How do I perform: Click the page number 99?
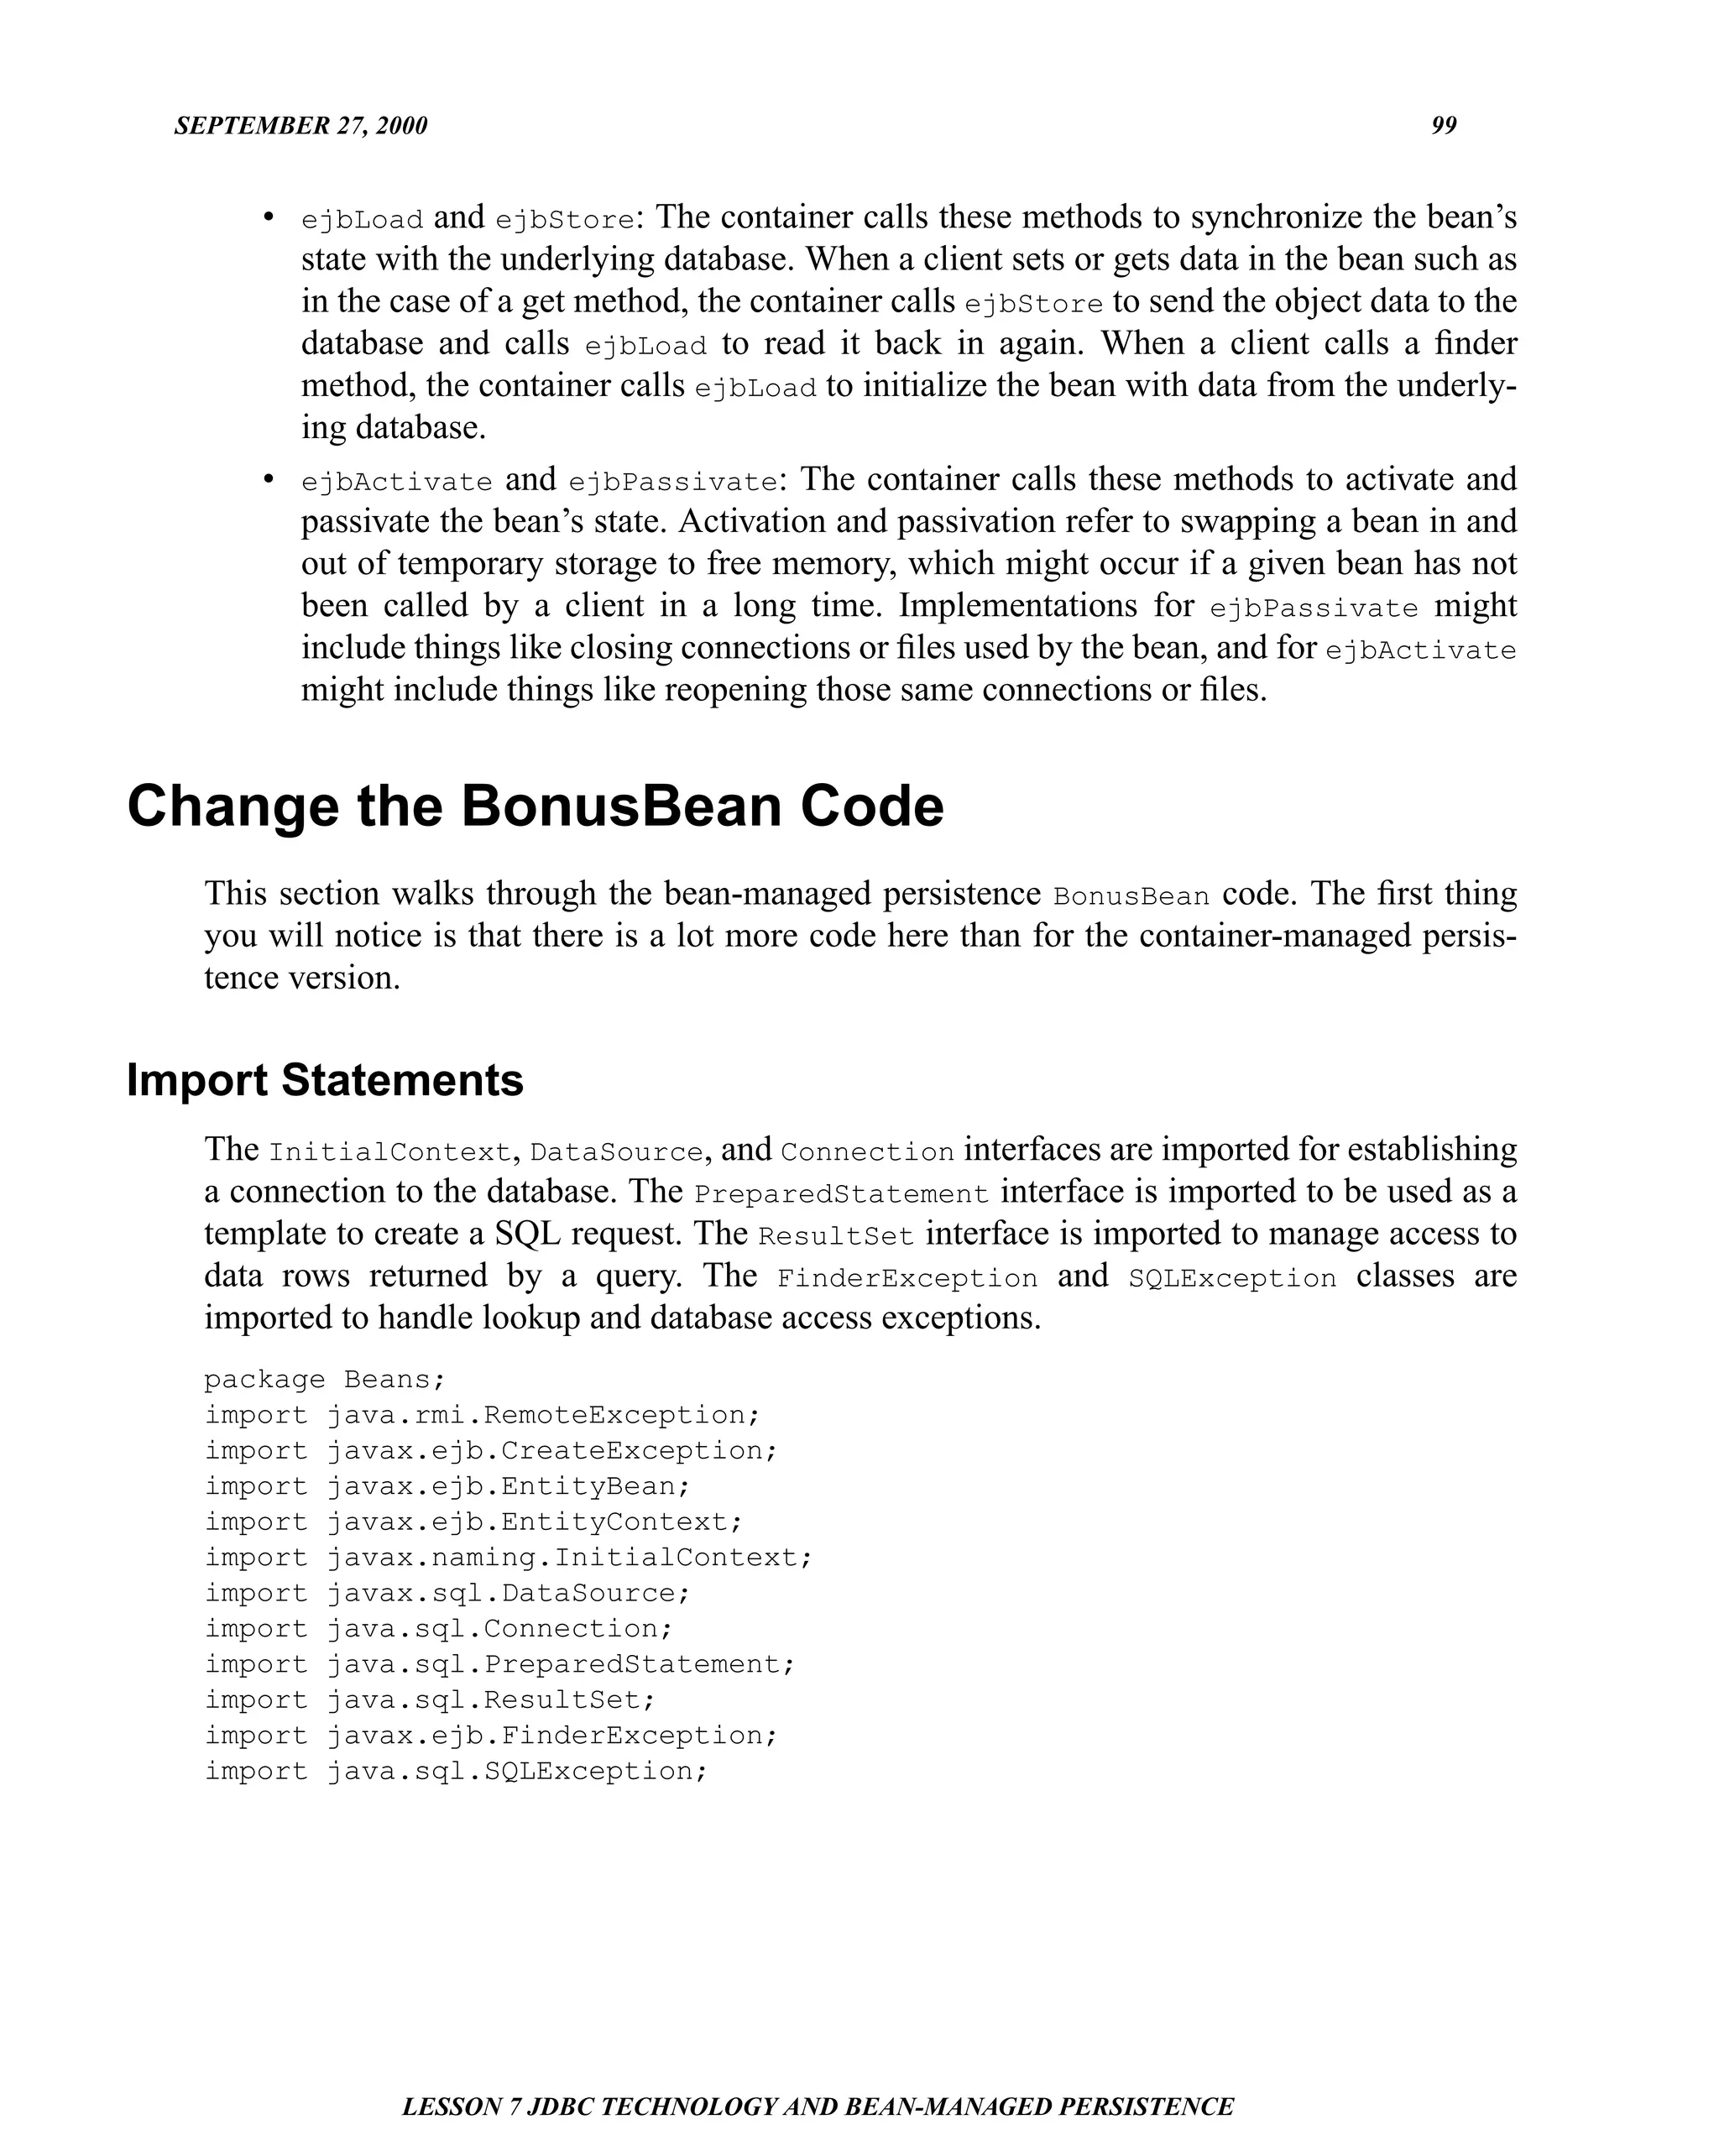(1443, 126)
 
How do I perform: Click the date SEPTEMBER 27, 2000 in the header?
(300, 126)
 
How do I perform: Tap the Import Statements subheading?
(325, 1080)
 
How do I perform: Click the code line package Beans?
(324, 1380)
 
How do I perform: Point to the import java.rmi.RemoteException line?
(482, 1415)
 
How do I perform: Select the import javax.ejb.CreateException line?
(490, 1451)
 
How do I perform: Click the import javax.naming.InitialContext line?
(508, 1557)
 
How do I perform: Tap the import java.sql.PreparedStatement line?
(499, 1664)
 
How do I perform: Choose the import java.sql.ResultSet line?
(429, 1700)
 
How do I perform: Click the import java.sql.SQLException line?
(456, 1771)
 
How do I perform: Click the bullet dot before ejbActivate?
(268, 480)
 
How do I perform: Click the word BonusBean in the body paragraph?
(1131, 896)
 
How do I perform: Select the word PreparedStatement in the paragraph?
(840, 1194)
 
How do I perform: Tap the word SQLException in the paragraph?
(1231, 1278)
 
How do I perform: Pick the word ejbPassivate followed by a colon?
(672, 482)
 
